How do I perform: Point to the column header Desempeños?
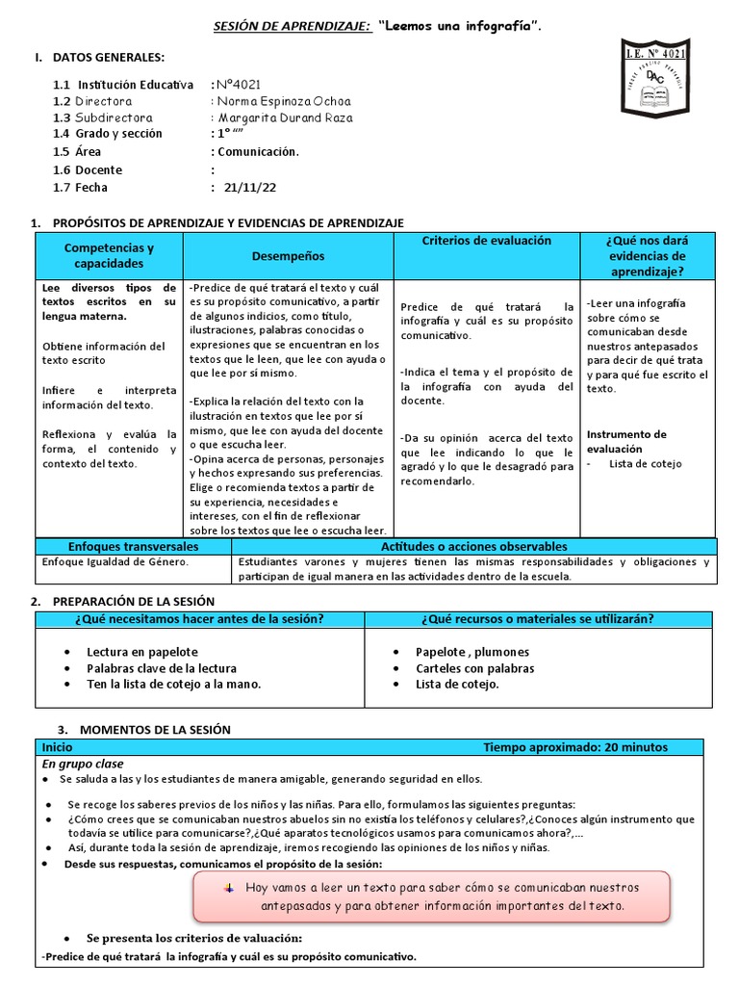(x=288, y=256)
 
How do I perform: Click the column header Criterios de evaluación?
(x=487, y=241)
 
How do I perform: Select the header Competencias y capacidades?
(x=109, y=255)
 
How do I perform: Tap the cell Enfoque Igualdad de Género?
(x=114, y=561)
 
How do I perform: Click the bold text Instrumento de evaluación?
(x=626, y=441)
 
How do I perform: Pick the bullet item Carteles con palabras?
(x=474, y=667)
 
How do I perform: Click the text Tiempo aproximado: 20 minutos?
(x=574, y=747)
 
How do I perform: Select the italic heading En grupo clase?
(x=83, y=764)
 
